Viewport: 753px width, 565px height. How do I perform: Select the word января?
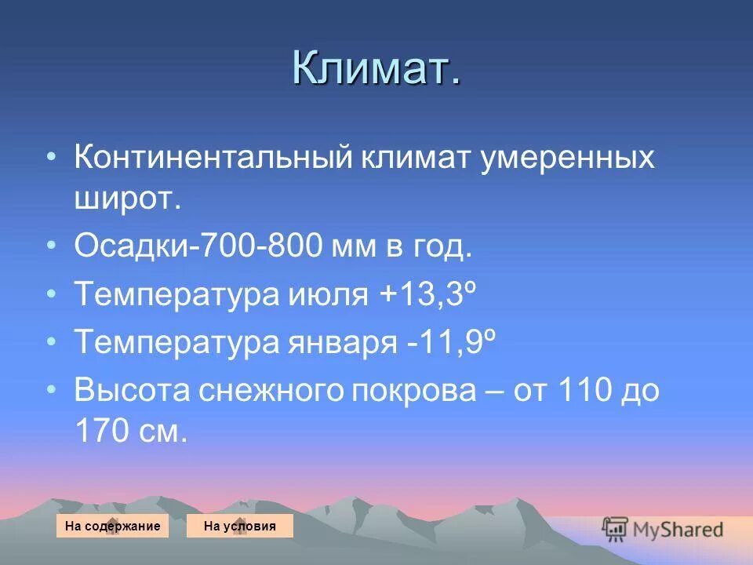tap(340, 343)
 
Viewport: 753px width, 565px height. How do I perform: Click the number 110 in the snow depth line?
tap(580, 390)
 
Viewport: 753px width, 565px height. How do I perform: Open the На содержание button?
tap(112, 527)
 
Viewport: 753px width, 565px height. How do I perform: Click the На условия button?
tap(239, 527)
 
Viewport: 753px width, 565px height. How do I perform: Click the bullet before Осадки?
tap(51, 246)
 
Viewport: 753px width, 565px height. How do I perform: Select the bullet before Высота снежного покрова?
tap(51, 388)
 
